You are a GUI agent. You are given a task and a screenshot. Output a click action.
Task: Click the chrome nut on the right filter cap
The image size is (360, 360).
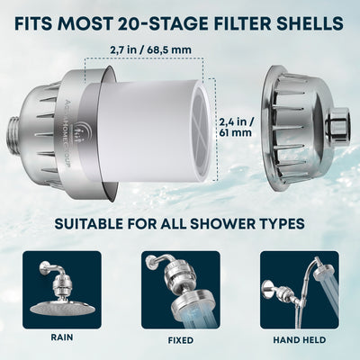pyautogui.click(x=338, y=121)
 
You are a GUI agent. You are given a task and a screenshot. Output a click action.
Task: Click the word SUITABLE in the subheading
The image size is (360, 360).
pyautogui.click(x=93, y=222)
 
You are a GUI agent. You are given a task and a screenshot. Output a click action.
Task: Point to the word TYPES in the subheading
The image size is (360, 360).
pyautogui.click(x=281, y=222)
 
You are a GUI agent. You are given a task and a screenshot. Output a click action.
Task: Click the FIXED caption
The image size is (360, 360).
pyautogui.click(x=180, y=341)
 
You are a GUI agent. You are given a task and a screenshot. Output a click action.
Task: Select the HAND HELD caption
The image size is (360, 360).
pyautogui.click(x=299, y=341)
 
